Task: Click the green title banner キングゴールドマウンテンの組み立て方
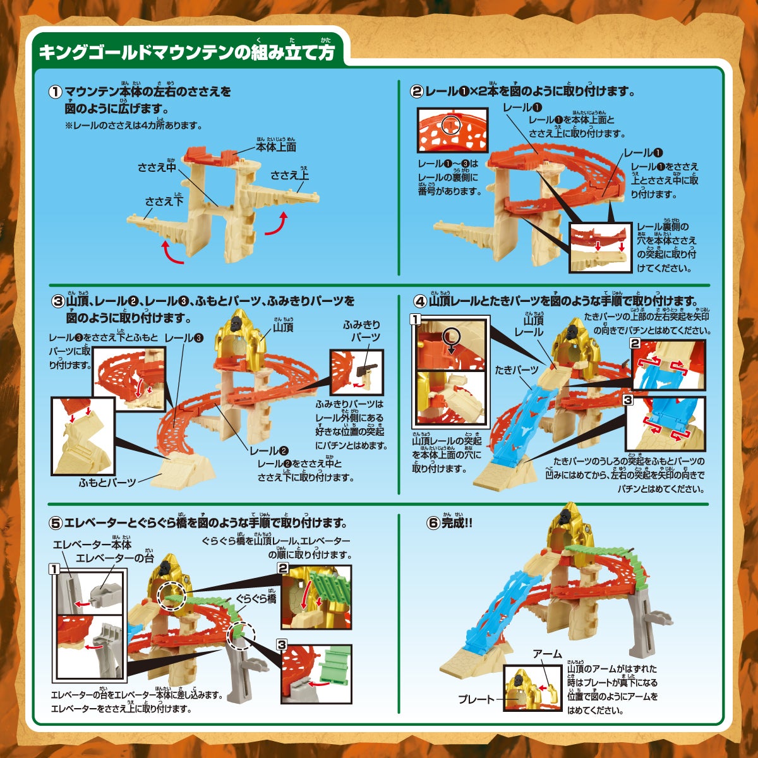click(187, 52)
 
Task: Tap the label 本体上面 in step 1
click(276, 147)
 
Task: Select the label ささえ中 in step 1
click(157, 167)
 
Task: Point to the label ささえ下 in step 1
click(164, 202)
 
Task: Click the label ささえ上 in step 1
click(290, 175)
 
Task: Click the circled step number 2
click(417, 92)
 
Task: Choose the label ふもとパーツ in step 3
click(107, 482)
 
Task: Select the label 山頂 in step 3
click(284, 327)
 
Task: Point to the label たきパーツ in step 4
click(517, 370)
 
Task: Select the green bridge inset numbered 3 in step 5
click(315, 670)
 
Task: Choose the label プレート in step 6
click(477, 699)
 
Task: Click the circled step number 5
click(56, 523)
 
